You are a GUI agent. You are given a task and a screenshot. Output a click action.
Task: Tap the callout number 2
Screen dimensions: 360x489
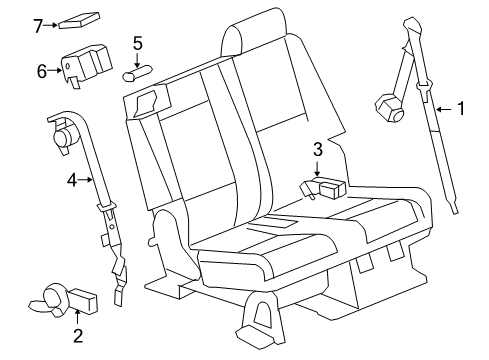(77, 335)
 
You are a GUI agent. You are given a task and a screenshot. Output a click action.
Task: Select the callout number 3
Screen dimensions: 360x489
(317, 150)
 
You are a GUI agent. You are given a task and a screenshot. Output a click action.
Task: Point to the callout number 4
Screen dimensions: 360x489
(72, 181)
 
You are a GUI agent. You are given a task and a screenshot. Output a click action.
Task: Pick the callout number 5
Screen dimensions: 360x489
(138, 43)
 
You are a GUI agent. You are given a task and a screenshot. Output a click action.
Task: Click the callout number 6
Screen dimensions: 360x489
(42, 71)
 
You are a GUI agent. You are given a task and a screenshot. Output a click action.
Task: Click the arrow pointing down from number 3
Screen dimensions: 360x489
(317, 167)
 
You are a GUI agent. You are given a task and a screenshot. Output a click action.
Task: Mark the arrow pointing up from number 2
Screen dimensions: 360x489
(77, 318)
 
